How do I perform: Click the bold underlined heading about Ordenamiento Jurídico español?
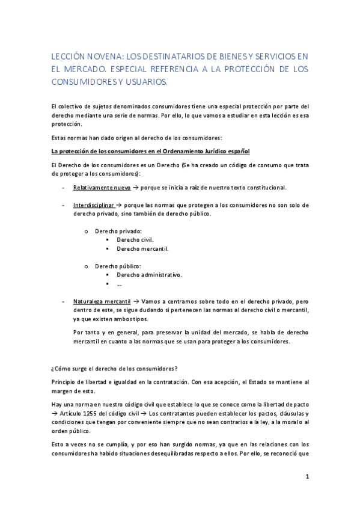(x=150, y=150)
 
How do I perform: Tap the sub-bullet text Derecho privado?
(x=118, y=231)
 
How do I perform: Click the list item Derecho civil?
(x=135, y=239)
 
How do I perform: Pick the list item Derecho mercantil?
(x=142, y=248)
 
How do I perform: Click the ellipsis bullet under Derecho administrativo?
(x=120, y=284)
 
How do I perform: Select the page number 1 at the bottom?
(x=307, y=477)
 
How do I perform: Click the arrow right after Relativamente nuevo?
(x=135, y=188)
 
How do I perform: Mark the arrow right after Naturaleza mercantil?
(x=137, y=300)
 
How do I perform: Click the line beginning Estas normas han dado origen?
(x=137, y=138)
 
